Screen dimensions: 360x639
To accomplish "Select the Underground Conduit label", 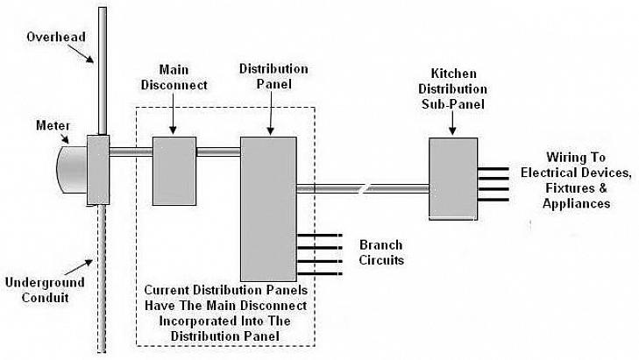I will coord(45,290).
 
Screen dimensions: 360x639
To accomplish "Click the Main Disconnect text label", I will coord(183,77).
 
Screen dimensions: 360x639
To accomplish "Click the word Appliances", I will coord(575,203).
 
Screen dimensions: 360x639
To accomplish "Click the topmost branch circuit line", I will coord(316,235).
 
